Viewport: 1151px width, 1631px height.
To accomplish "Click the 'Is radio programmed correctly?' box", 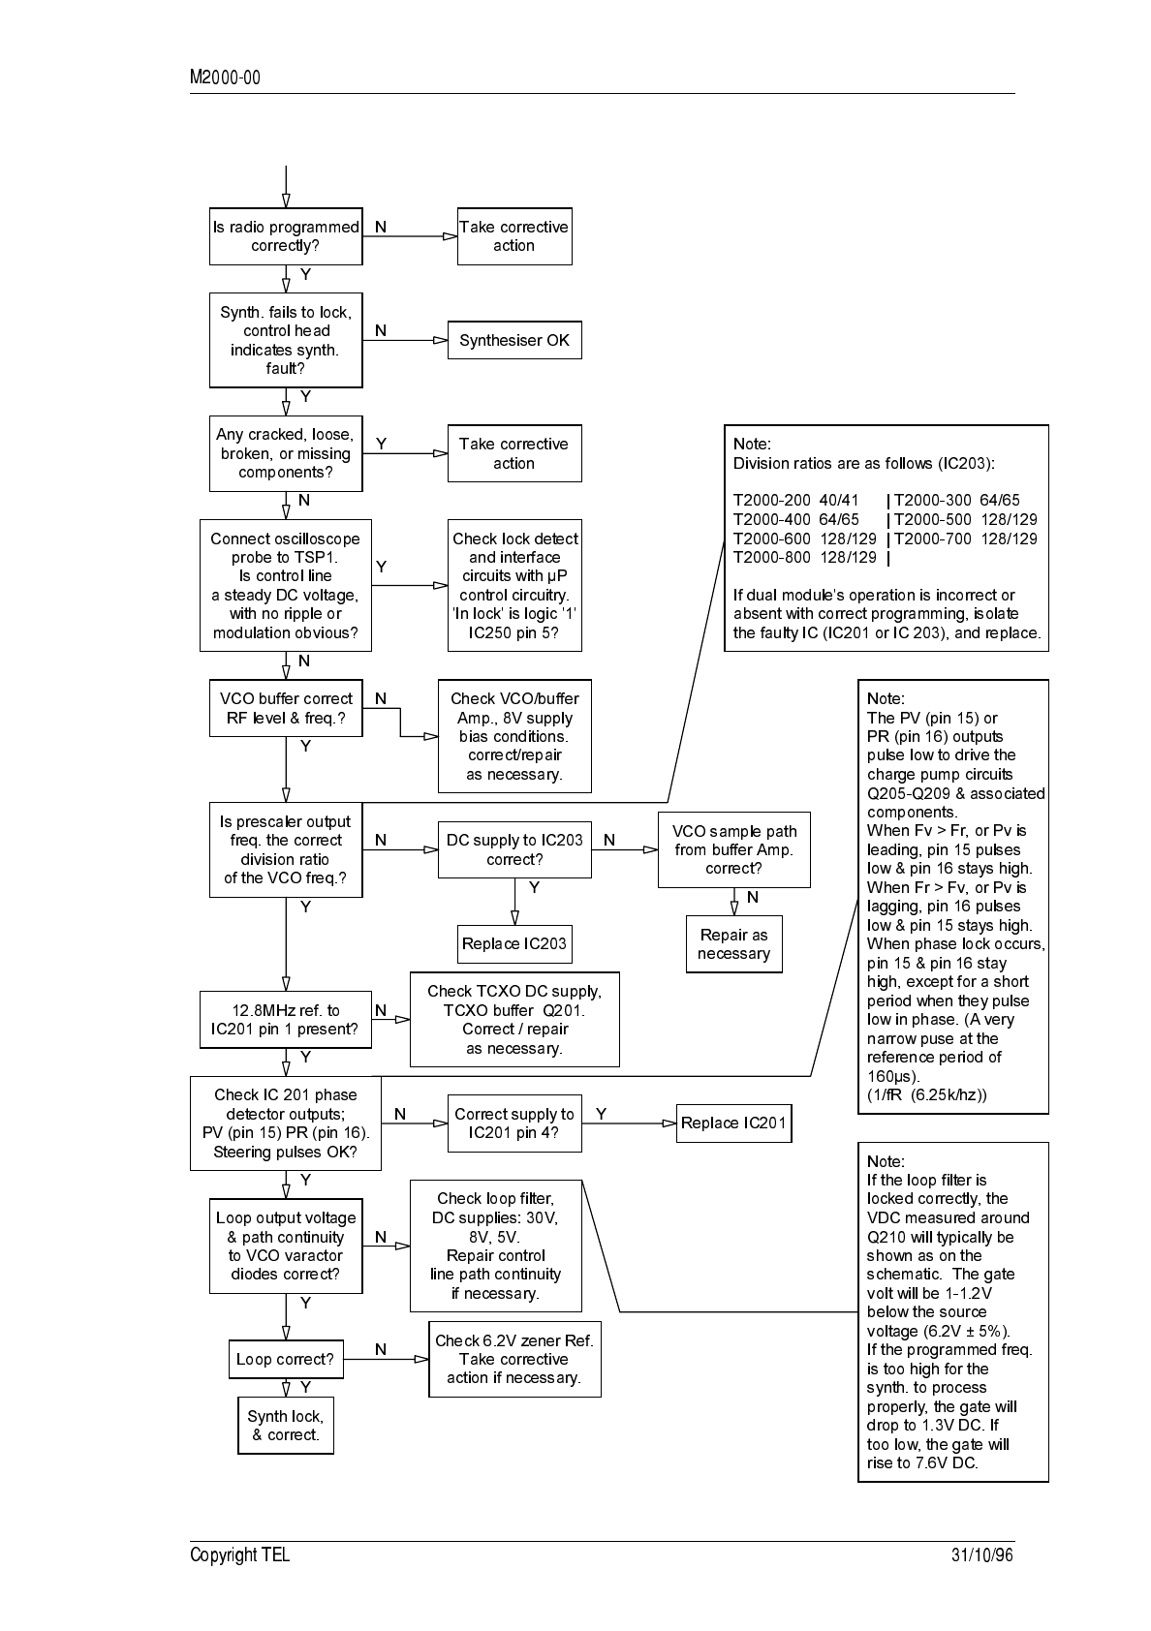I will point(286,236).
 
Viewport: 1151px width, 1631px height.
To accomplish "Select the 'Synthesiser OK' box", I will point(514,340).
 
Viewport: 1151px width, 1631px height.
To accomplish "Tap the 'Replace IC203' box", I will point(514,944).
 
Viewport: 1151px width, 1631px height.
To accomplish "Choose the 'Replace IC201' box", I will point(733,1123).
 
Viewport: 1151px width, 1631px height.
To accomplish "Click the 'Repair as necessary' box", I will point(733,944).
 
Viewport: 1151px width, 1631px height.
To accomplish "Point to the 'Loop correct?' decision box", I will point(285,1359).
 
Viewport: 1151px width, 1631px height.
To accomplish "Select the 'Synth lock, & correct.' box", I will point(286,1425).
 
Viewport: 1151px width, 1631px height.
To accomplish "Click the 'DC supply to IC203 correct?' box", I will point(514,849).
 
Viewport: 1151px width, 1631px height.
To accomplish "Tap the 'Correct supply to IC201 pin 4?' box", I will point(514,1123).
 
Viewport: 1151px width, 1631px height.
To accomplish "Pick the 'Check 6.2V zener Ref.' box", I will point(514,1359).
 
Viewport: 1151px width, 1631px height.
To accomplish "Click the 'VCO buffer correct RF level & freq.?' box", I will point(286,708).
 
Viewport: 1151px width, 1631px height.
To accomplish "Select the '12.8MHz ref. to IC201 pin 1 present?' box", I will point(285,1020).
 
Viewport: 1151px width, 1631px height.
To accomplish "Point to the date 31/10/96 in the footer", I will point(981,1555).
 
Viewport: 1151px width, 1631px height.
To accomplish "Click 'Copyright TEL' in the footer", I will point(239,1555).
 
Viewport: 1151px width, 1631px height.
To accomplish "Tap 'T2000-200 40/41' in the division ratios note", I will point(795,501).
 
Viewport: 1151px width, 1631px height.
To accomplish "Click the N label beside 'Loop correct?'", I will point(381,1349).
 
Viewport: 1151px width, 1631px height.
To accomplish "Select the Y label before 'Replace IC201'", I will point(601,1114).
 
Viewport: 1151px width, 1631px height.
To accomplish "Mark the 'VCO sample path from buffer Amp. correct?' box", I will point(733,849).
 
